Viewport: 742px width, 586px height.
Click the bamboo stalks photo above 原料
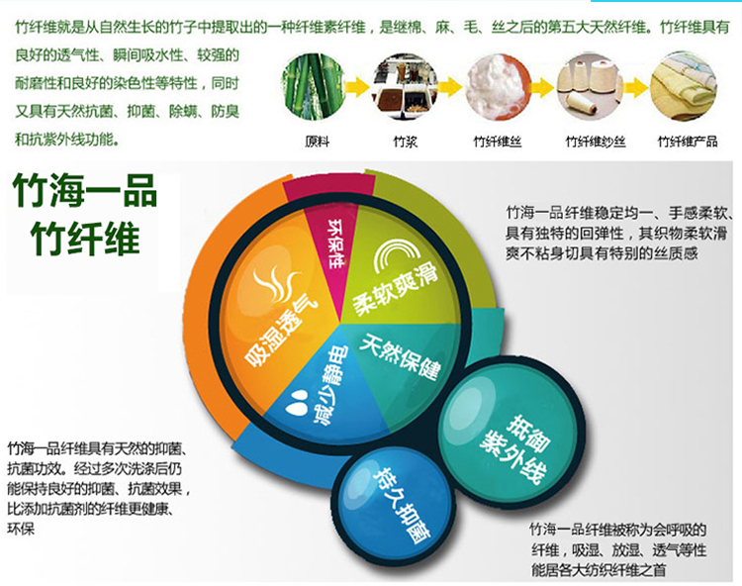(x=313, y=87)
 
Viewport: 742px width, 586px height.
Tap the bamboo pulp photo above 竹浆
(x=405, y=87)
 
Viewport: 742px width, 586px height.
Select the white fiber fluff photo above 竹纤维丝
(x=498, y=87)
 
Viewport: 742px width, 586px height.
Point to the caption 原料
(x=317, y=142)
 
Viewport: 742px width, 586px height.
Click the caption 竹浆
(x=406, y=142)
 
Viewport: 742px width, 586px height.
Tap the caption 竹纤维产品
(x=688, y=142)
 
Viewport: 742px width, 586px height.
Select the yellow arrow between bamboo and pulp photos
(x=358, y=87)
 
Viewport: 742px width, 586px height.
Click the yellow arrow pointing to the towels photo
(x=636, y=87)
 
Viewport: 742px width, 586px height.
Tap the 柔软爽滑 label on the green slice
(x=395, y=290)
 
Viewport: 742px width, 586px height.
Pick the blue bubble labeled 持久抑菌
(x=394, y=507)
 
